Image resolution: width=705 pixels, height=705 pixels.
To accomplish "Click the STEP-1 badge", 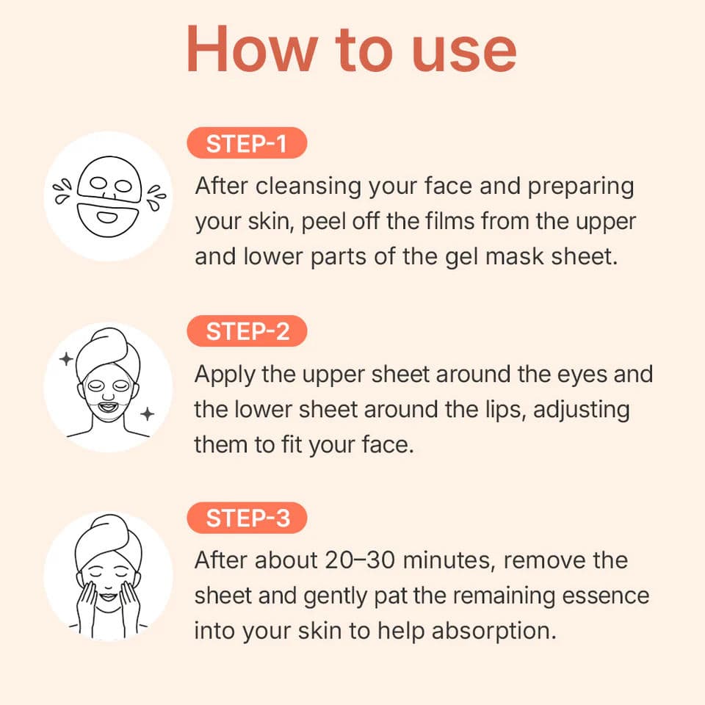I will (246, 144).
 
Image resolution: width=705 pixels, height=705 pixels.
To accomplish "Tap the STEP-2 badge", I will (246, 332).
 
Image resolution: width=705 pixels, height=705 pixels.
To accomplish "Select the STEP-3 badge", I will (246, 518).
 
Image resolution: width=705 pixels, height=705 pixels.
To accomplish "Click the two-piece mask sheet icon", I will (108, 196).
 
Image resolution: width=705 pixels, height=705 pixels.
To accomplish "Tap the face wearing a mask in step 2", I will (108, 387).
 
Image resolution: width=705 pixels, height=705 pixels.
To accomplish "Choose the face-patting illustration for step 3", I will (108, 576).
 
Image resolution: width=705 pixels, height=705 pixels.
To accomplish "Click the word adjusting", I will (582, 410).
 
